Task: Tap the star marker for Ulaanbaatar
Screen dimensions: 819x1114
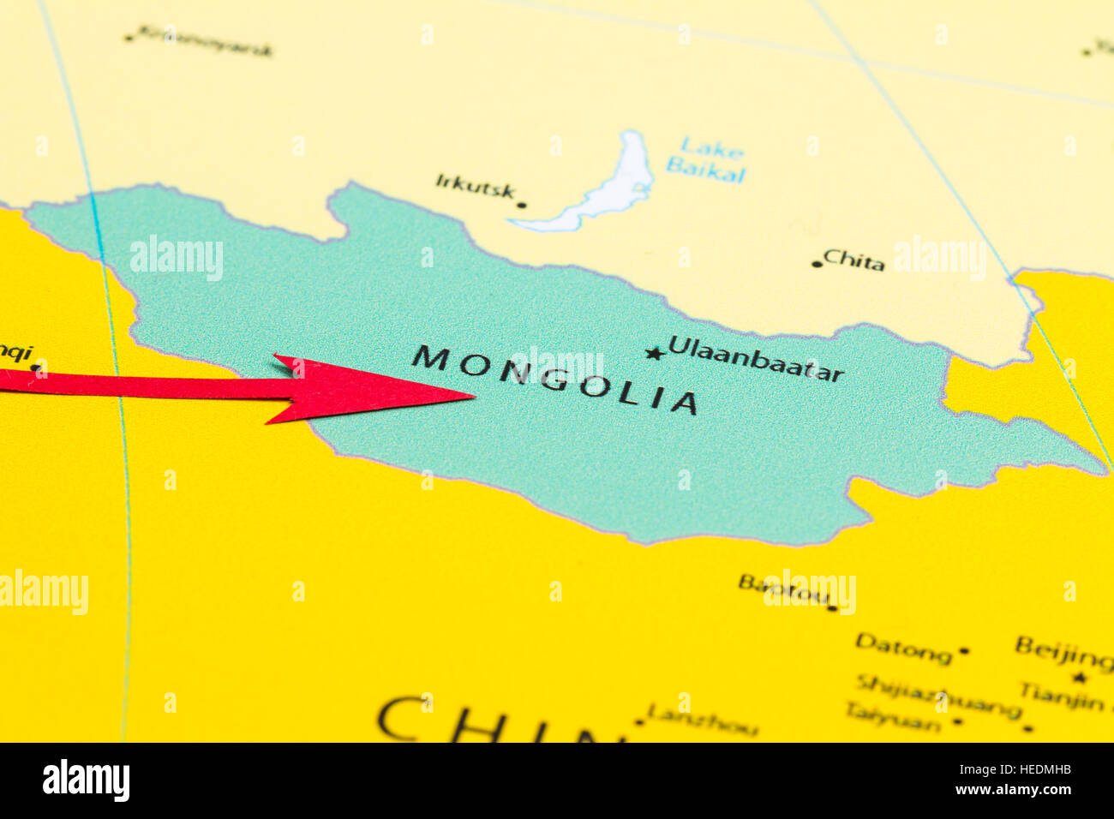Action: coord(655,353)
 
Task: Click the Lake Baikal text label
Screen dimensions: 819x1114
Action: coord(705,159)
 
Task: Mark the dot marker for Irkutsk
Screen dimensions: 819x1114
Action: coord(521,206)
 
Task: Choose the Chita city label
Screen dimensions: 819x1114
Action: coord(853,260)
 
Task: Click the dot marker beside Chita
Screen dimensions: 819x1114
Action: coord(815,264)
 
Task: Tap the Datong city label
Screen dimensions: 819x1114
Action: coord(903,649)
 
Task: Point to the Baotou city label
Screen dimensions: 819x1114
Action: coord(783,589)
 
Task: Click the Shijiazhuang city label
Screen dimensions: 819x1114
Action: coord(937,695)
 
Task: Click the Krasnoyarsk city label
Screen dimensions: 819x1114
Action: coord(204,42)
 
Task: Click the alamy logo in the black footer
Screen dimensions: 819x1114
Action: coord(86,780)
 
